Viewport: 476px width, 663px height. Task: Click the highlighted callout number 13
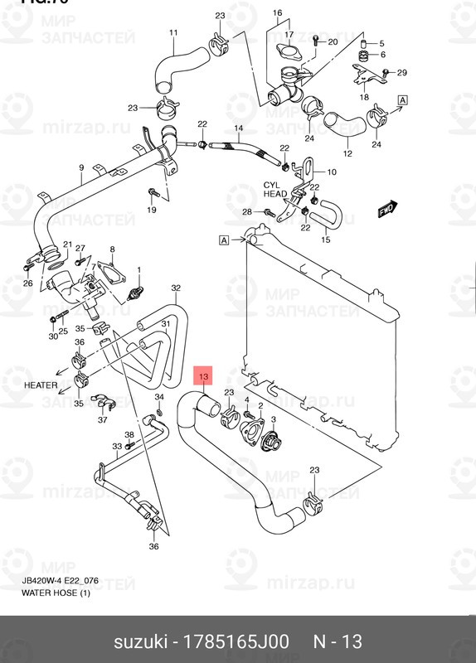[204, 377]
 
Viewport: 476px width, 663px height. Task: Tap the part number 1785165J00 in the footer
[240, 641]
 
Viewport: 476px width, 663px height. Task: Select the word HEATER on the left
[40, 385]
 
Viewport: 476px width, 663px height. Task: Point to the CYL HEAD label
[275, 190]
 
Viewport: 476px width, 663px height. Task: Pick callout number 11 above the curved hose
[173, 33]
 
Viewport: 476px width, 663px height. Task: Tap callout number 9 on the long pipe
[81, 168]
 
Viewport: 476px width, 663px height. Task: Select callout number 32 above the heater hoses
[176, 288]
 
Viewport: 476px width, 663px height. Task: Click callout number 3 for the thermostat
[272, 420]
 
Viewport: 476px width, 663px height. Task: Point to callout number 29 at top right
[402, 73]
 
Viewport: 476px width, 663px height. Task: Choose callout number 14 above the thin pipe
[238, 128]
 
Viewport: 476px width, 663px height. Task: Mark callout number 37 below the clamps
[103, 419]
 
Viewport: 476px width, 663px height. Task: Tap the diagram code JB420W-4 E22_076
[61, 581]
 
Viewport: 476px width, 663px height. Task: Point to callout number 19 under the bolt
[152, 210]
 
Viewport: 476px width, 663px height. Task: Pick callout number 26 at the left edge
[27, 283]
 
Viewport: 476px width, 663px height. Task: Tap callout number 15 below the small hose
[325, 240]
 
